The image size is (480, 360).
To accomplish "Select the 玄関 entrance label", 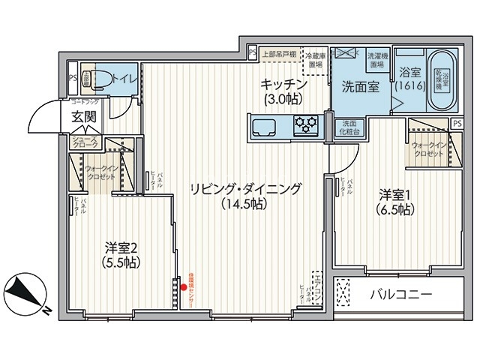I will click(84, 116).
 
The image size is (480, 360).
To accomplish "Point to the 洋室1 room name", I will click(394, 202).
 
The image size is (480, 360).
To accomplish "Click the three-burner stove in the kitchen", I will click(307, 124).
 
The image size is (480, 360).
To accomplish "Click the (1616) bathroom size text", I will click(412, 86).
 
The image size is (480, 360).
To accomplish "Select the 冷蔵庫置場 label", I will click(315, 60).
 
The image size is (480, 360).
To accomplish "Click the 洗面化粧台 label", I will click(349, 127).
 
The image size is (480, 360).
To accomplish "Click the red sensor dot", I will click(184, 286).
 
